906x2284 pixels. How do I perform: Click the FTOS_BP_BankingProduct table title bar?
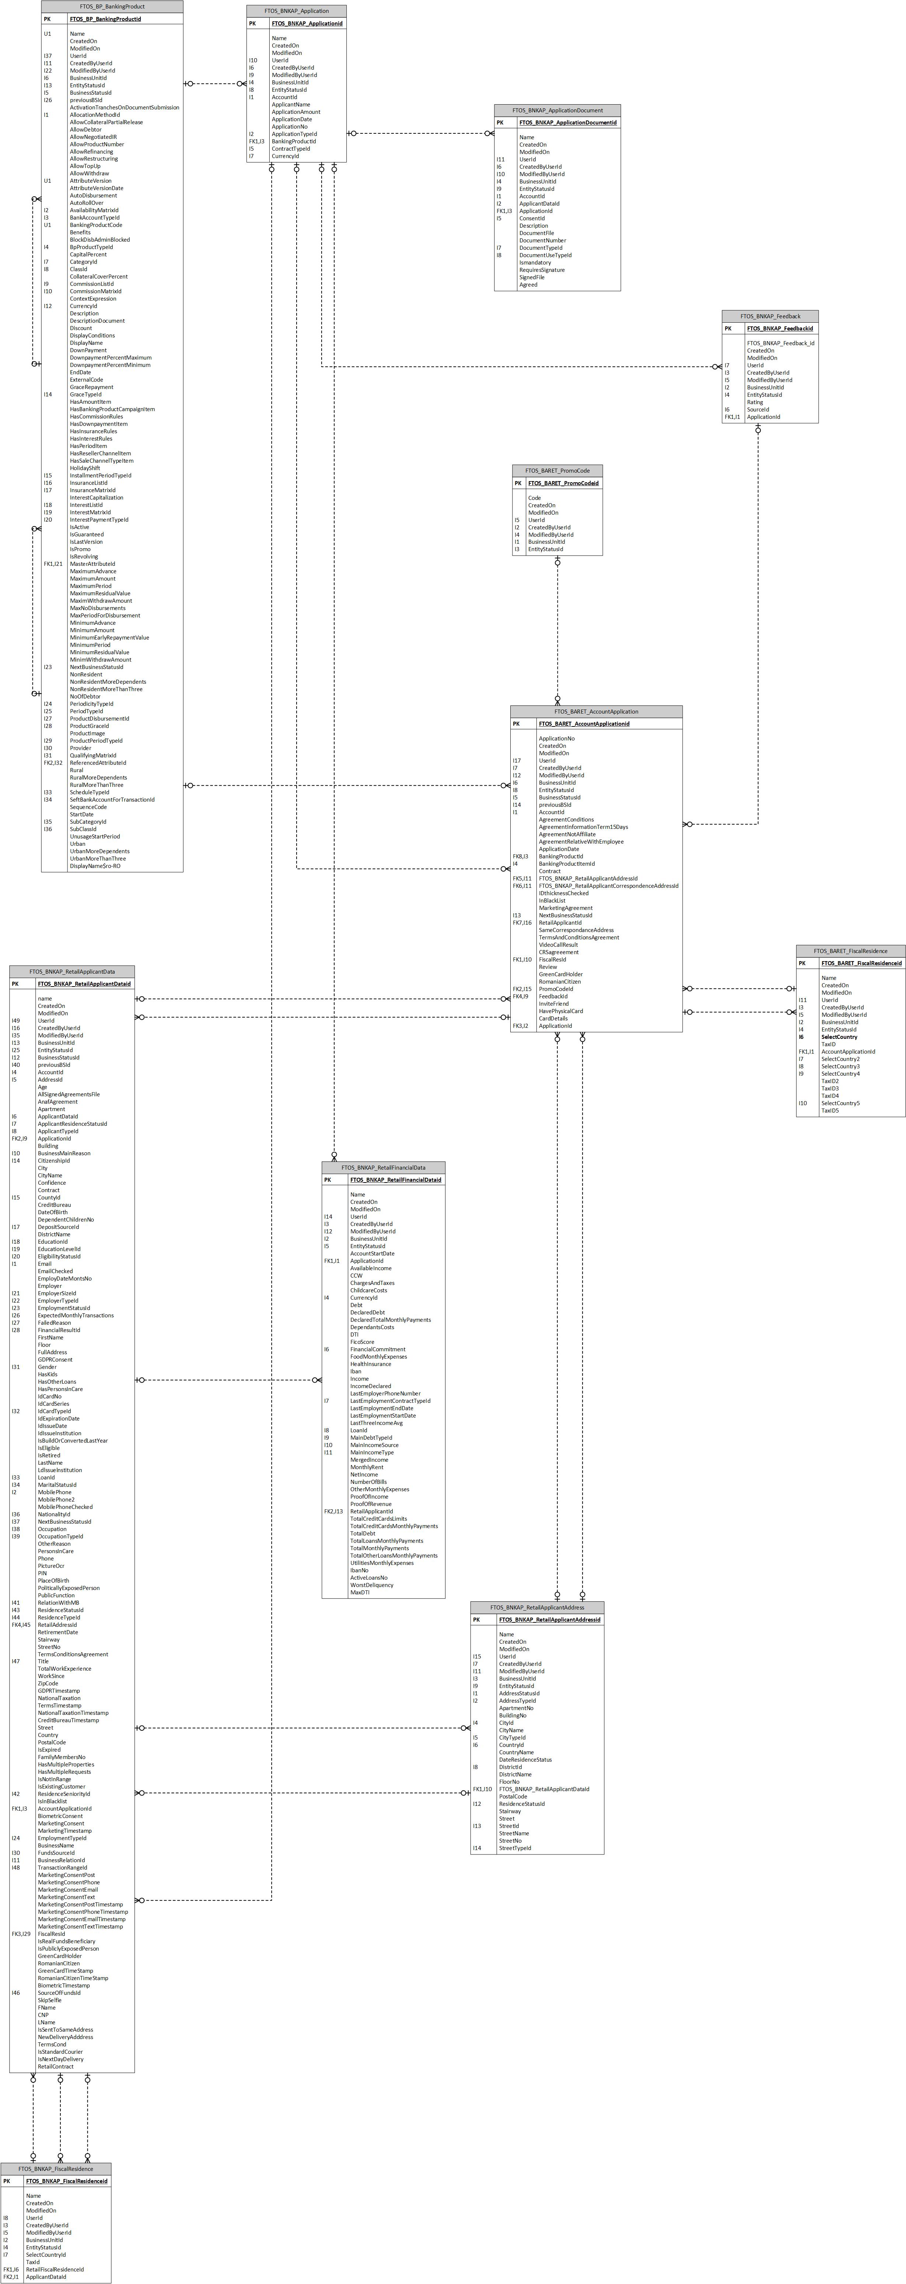coord(112,6)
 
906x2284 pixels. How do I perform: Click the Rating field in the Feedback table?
coord(755,402)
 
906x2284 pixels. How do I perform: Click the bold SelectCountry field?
coord(839,1037)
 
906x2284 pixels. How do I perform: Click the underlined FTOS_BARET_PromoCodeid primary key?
coord(563,483)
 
